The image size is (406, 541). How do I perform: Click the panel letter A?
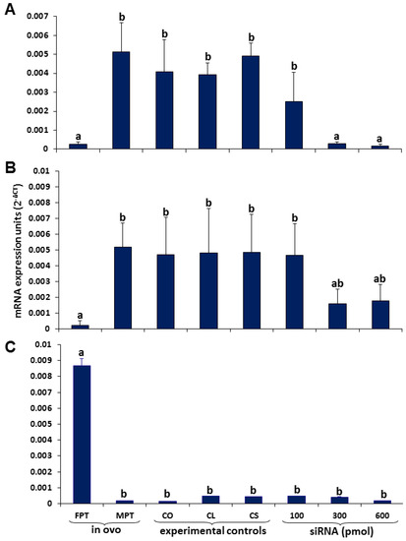(x=8, y=9)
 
